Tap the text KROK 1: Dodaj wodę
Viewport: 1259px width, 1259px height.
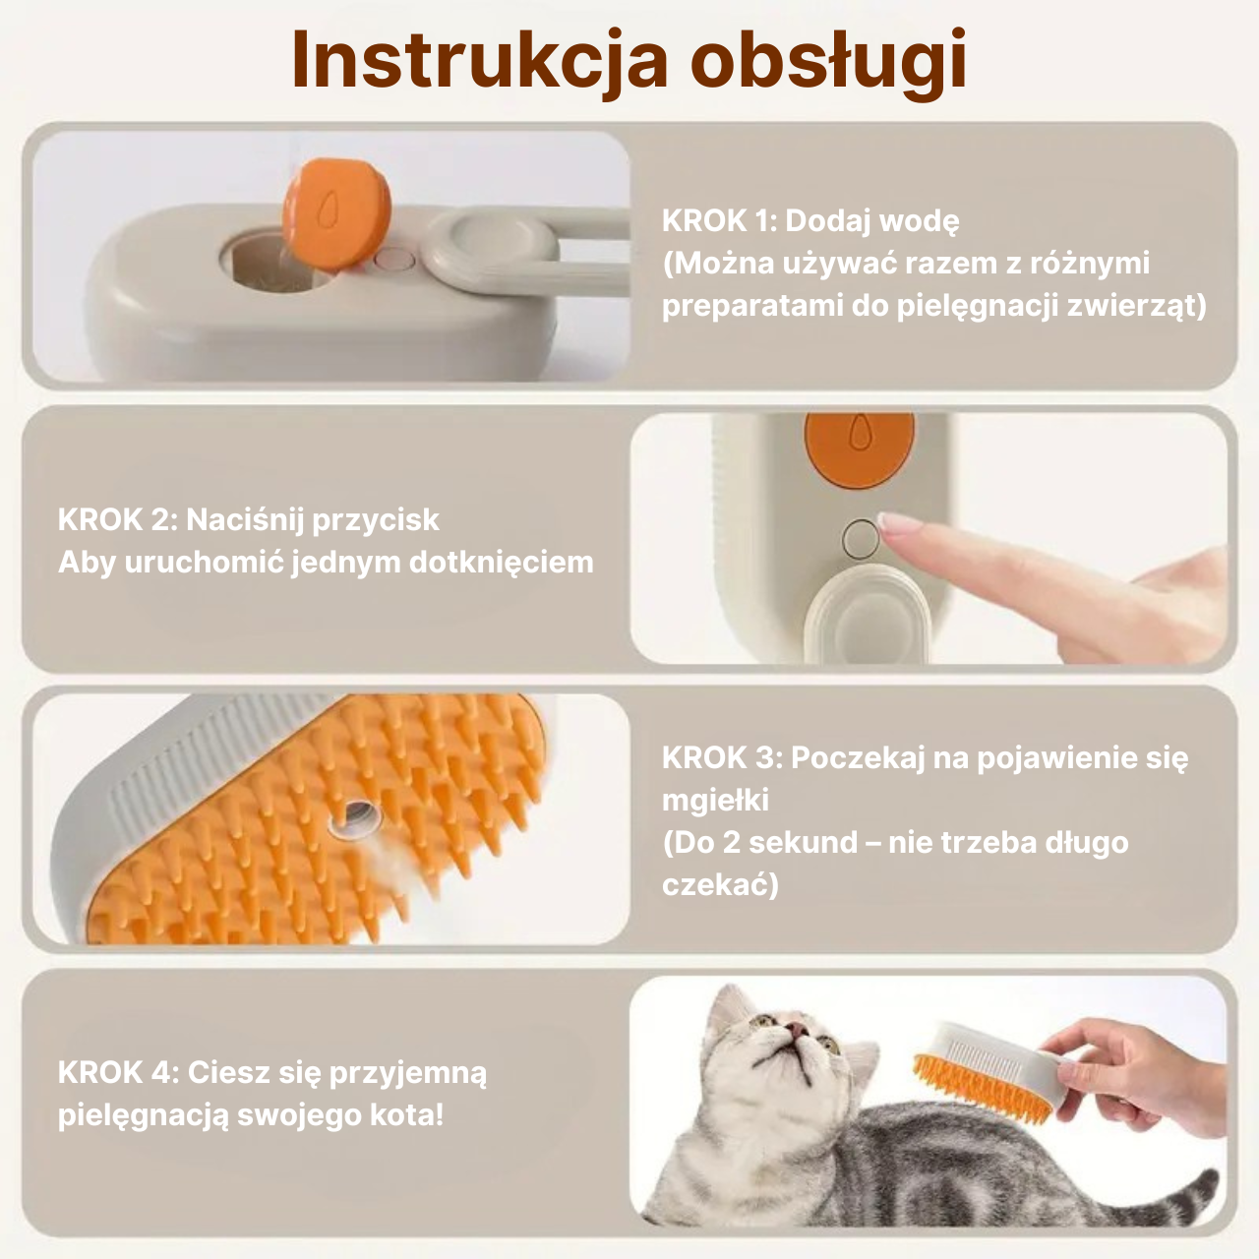[810, 220]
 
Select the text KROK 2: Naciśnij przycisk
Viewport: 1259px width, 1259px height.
[249, 519]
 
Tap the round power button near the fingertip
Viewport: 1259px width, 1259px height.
[862, 538]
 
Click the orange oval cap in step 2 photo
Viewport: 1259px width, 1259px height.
[859, 448]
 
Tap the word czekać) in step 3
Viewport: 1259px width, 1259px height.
[720, 885]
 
